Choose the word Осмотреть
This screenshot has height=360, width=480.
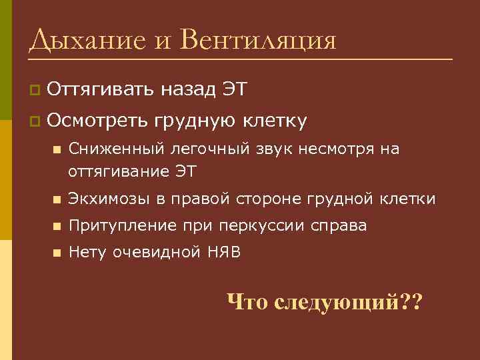98,121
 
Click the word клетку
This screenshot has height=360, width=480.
275,121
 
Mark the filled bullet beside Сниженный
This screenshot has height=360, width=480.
56,150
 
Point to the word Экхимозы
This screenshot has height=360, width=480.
101,199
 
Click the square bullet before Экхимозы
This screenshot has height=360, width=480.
56,199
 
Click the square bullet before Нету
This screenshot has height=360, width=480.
56,253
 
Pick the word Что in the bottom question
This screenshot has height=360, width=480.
247,302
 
